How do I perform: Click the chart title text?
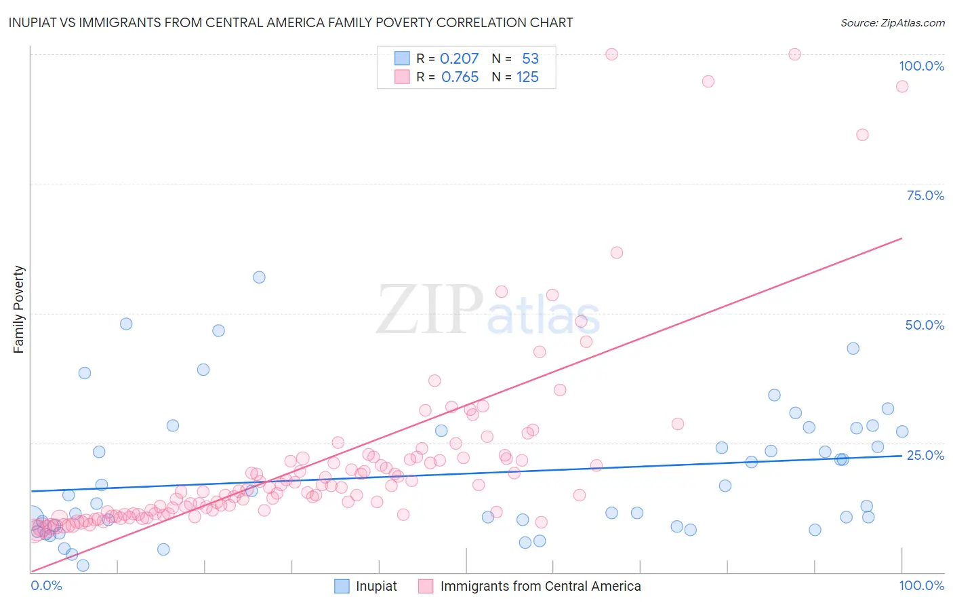click(291, 22)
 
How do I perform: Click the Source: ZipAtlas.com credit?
click(892, 22)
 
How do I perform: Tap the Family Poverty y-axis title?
click(19, 309)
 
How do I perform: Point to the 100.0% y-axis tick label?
click(921, 66)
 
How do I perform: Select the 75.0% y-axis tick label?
click(925, 195)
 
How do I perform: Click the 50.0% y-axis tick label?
click(925, 325)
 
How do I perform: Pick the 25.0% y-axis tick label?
click(925, 455)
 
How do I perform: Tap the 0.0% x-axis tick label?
click(46, 585)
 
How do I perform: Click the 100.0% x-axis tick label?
click(921, 585)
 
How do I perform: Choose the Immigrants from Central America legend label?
click(540, 586)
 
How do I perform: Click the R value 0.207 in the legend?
click(459, 59)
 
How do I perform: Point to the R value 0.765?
click(460, 77)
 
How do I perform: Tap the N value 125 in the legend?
click(527, 77)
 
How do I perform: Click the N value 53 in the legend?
click(530, 59)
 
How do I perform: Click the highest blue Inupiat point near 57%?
click(259, 277)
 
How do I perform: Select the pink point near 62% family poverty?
click(616, 253)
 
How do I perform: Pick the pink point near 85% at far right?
click(862, 135)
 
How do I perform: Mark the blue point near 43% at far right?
click(853, 349)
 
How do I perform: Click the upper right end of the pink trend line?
click(901, 238)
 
